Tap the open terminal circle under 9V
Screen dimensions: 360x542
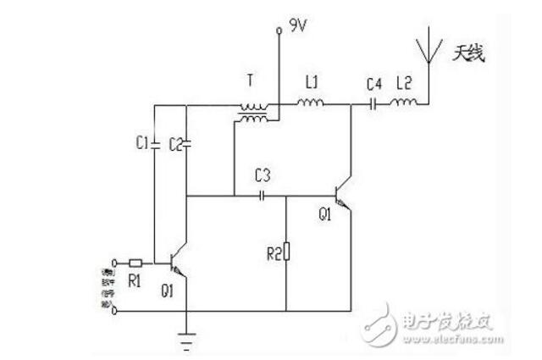[277, 32]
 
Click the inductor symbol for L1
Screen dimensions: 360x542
[309, 106]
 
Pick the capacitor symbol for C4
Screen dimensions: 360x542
[374, 106]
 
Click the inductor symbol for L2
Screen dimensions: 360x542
[404, 106]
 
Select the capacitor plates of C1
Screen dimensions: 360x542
[155, 144]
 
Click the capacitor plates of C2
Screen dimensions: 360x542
[186, 144]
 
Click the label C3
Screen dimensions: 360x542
[263, 177]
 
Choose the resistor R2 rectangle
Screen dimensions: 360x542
[287, 251]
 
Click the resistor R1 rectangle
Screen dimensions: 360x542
[136, 262]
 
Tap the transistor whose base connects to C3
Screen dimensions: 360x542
[343, 196]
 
